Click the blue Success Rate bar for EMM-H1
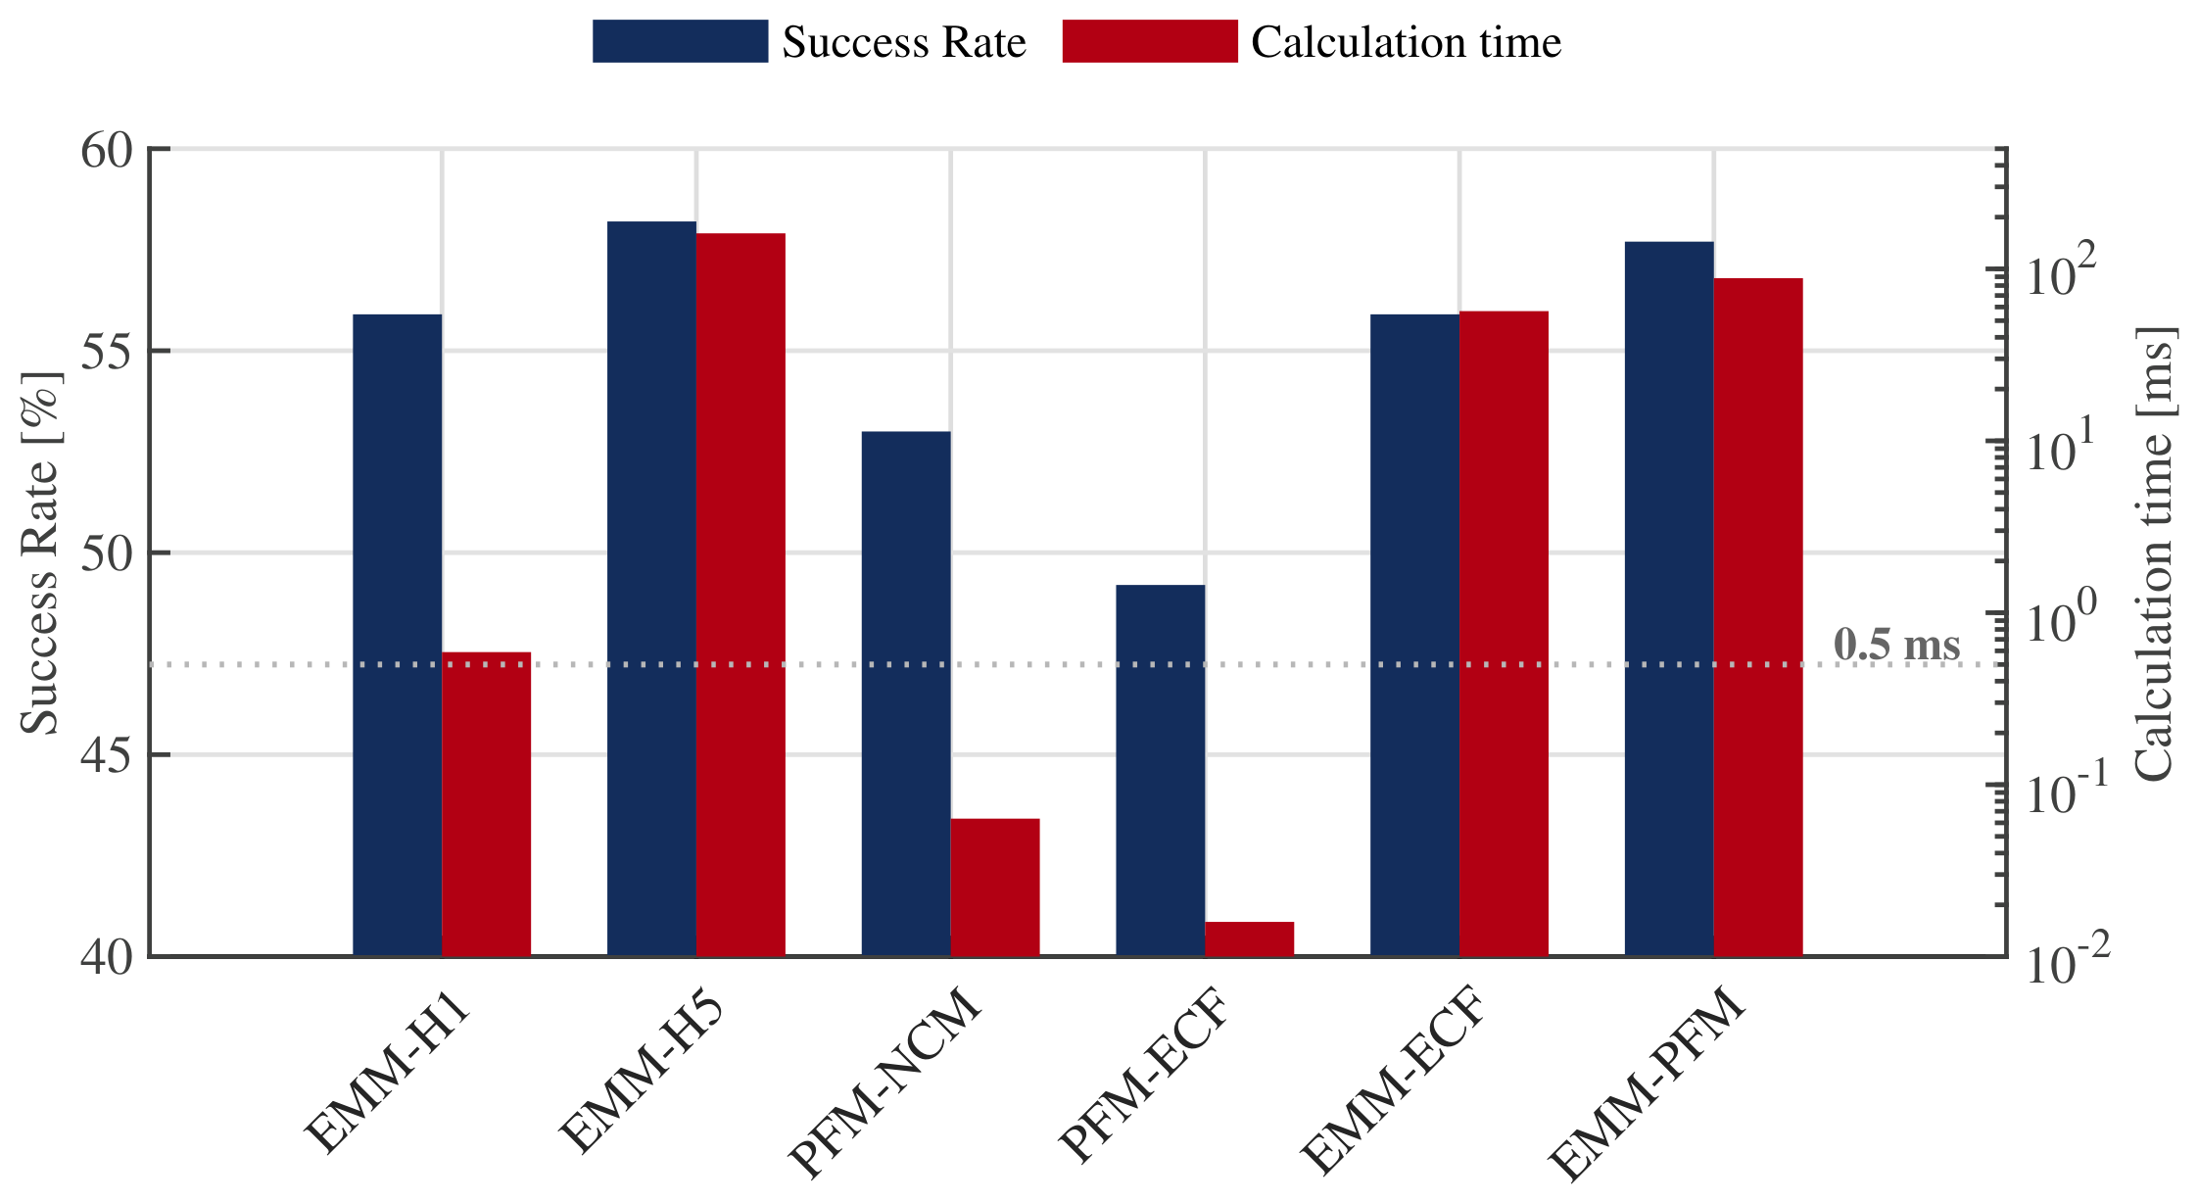click(397, 635)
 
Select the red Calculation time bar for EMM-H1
click(486, 804)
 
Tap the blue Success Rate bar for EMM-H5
click(651, 589)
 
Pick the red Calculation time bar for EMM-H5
click(741, 595)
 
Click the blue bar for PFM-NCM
click(906, 694)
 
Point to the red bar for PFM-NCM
click(995, 888)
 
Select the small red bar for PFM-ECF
click(1249, 938)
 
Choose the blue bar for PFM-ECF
click(1160, 770)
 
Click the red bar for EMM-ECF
click(1504, 634)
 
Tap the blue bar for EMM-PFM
click(1669, 599)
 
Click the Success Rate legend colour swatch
click(680, 41)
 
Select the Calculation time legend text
click(1407, 42)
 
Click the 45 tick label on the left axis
click(106, 755)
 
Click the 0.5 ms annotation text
click(1897, 645)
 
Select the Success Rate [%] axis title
click(40, 553)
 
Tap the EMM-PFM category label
click(1649, 1085)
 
